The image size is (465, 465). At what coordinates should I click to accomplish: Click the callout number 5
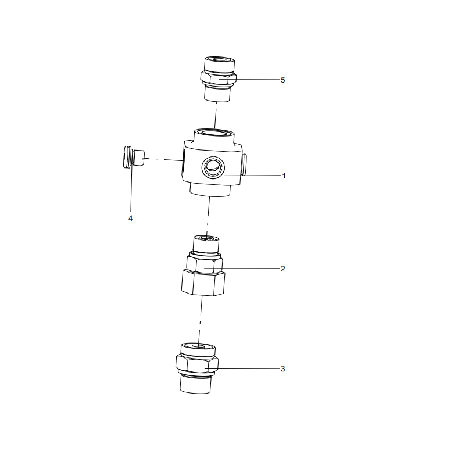[282, 80]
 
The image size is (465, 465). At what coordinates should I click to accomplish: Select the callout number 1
[284, 176]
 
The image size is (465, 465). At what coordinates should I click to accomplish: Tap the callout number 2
[282, 269]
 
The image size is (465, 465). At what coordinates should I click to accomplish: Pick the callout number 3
[282, 369]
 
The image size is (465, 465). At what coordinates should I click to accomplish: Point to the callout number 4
[130, 219]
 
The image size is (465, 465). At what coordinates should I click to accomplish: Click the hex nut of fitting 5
[219, 78]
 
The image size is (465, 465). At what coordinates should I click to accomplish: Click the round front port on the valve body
[213, 167]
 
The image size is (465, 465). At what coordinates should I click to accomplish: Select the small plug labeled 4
[134, 157]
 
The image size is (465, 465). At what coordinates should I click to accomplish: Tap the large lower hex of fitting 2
[203, 283]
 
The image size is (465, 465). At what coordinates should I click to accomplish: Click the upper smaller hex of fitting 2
[205, 263]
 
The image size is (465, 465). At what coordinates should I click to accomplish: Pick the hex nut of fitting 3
[197, 364]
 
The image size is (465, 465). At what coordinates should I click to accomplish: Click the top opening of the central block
[213, 133]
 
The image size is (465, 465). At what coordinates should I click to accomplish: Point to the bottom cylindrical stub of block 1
[210, 190]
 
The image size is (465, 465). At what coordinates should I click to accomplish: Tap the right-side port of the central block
[244, 164]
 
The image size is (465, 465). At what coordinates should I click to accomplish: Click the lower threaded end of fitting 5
[217, 93]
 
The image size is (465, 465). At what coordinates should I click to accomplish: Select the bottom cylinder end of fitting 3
[195, 384]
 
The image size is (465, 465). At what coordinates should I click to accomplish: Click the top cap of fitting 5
[220, 64]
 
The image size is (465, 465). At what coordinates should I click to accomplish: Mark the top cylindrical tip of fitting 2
[206, 244]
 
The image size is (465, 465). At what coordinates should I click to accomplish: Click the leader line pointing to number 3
[242, 369]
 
